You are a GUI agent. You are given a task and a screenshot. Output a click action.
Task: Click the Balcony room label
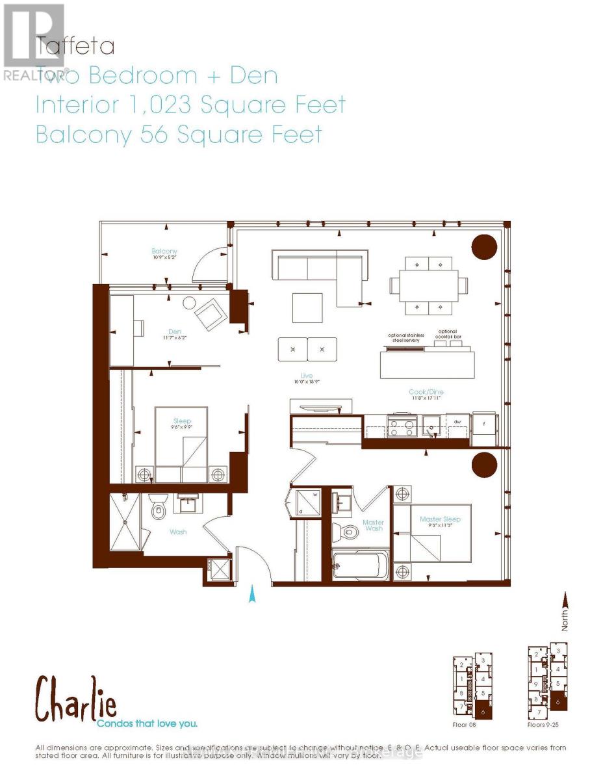coord(164,251)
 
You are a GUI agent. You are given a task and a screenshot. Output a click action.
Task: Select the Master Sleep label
coord(440,519)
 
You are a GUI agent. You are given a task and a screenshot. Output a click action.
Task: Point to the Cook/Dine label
coord(426,392)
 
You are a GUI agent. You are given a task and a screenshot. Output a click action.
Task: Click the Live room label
coord(307,376)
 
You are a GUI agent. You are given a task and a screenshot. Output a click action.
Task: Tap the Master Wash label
coord(373,526)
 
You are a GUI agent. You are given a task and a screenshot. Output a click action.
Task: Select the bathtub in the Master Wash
coord(359,567)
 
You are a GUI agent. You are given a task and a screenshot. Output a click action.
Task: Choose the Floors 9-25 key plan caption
coord(545,723)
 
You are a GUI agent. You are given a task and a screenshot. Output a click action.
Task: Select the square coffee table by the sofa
coord(307,308)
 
